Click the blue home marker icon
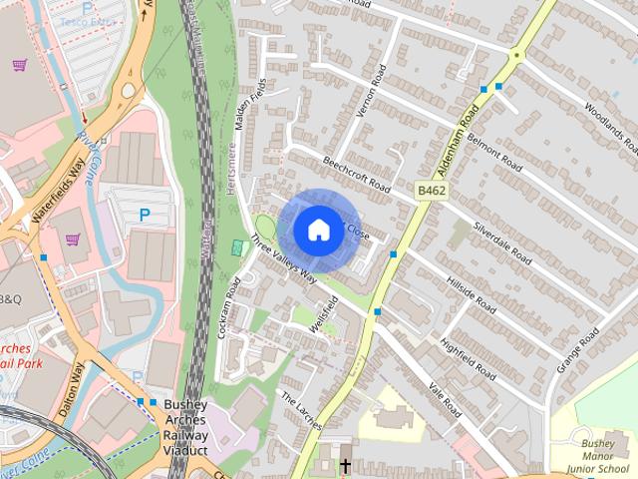pos(317,231)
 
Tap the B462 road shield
pos(430,189)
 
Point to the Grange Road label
pos(577,349)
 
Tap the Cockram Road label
pos(228,306)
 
